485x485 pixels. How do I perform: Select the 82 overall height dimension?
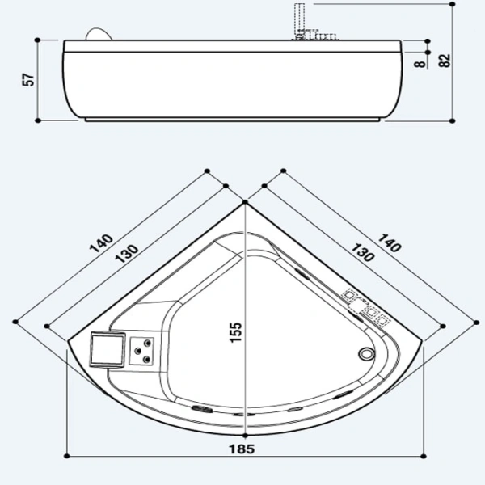click(x=444, y=61)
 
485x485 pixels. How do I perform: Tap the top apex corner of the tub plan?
click(x=245, y=203)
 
